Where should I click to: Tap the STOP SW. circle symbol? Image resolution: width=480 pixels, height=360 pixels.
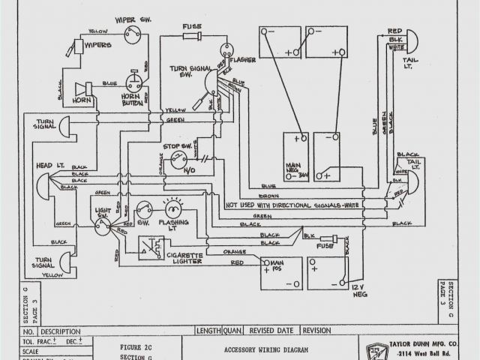pyautogui.click(x=178, y=158)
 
